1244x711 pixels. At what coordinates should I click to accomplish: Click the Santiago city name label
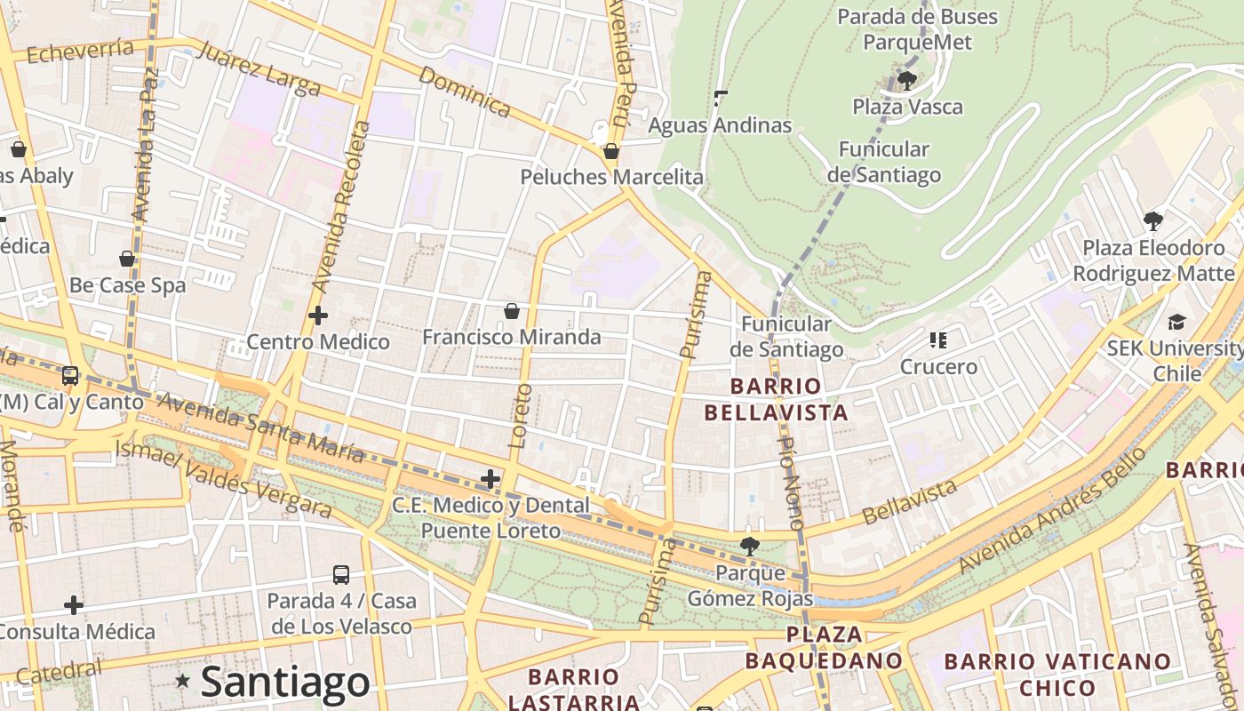285,683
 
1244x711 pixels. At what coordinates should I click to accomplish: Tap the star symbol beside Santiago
183,681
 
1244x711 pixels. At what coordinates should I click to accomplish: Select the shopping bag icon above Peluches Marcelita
611,152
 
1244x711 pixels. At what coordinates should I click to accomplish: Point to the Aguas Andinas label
719,125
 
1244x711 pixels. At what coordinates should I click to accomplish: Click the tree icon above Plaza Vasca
907,81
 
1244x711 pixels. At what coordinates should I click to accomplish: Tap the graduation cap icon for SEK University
1176,322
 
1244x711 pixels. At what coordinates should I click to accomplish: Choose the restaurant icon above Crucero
938,340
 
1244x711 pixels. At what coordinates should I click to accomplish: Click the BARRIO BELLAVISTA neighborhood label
776,399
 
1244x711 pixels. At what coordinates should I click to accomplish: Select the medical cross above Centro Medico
317,316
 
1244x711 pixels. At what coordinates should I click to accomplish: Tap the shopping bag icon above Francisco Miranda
512,311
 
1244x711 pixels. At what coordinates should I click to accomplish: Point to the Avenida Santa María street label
260,427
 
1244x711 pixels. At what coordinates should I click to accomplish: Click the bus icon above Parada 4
341,575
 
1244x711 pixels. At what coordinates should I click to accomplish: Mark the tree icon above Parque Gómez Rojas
750,547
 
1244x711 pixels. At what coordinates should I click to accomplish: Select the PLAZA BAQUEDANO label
824,648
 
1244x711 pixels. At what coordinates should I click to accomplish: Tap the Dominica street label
464,92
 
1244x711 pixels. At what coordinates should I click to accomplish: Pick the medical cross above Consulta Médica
74,606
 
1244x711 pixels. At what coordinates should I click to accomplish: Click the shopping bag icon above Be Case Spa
127,260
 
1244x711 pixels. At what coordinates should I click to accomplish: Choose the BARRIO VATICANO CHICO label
1057,675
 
